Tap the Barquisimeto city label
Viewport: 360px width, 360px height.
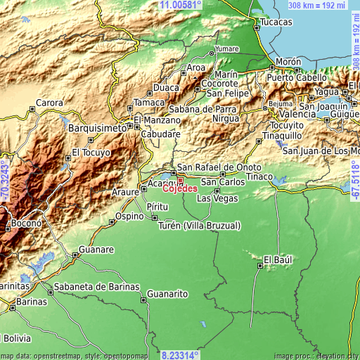click(x=97, y=129)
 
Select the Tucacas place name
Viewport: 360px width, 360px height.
click(x=276, y=22)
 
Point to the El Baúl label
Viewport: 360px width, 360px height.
click(x=277, y=259)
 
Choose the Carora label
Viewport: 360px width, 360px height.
click(x=50, y=103)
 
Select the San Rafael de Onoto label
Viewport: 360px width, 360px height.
click(x=219, y=167)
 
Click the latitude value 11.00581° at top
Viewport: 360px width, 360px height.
click(x=181, y=5)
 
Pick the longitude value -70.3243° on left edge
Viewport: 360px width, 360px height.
click(x=5, y=180)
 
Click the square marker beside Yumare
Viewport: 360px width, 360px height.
click(x=211, y=51)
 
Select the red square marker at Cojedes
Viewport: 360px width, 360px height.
click(x=180, y=180)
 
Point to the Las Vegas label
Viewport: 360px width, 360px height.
click(x=217, y=199)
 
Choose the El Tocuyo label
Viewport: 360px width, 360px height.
click(x=91, y=152)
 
